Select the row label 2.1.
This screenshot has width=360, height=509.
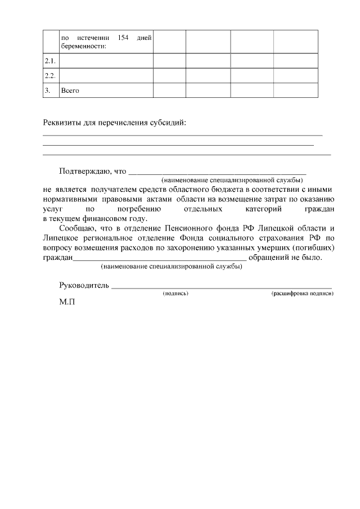pyautogui.click(x=50, y=61)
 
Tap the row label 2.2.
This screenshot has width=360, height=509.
pyautogui.click(x=50, y=75)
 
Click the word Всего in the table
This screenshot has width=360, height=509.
pyautogui.click(x=70, y=90)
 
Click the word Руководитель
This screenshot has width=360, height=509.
pyautogui.click(x=83, y=286)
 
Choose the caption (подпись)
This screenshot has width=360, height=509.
pyautogui.click(x=175, y=294)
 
